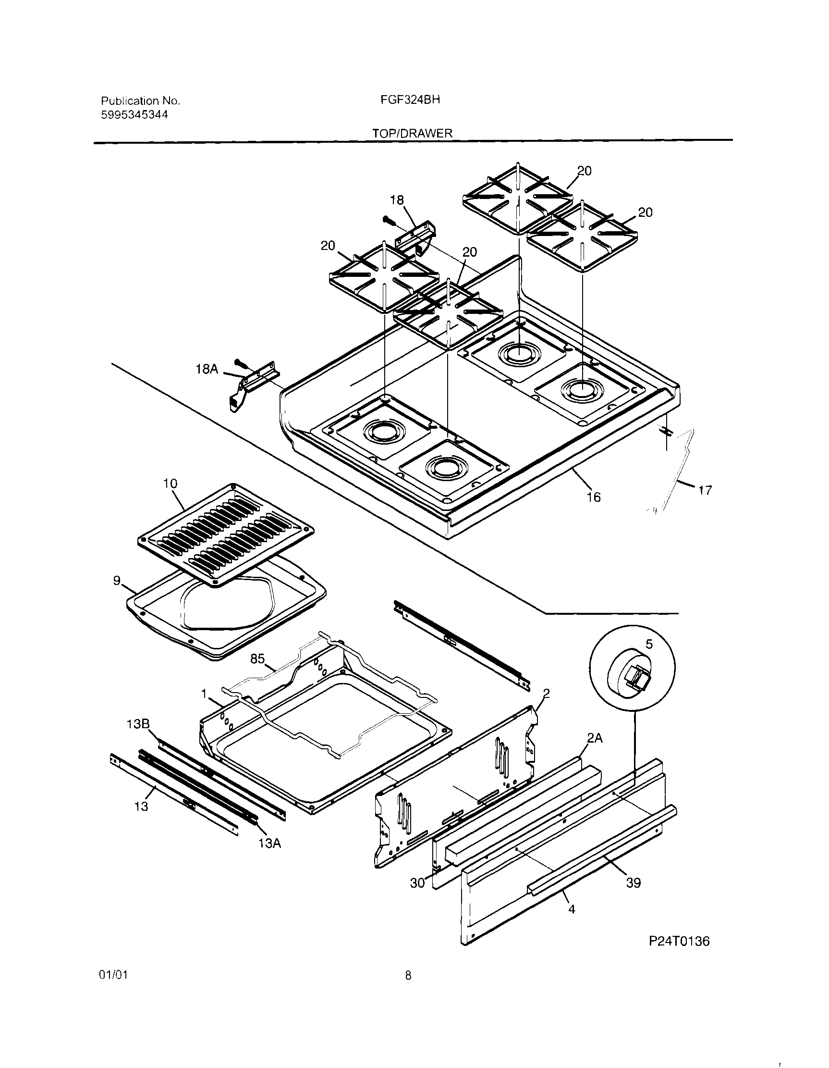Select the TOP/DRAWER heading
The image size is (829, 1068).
(412, 133)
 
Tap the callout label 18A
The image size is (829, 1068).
(207, 369)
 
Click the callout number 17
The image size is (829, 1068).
(704, 489)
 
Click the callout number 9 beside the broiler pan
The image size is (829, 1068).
(116, 581)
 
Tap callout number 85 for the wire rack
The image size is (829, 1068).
(257, 658)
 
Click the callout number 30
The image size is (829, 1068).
(417, 883)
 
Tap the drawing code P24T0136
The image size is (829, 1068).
(679, 941)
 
